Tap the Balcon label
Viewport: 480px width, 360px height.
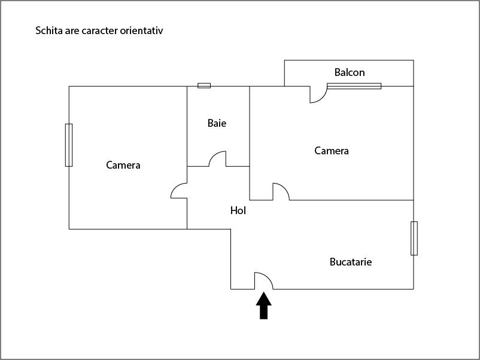pos(350,72)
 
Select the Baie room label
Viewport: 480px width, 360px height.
pos(217,123)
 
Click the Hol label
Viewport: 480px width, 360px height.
pos(238,210)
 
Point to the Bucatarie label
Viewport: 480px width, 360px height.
pos(351,262)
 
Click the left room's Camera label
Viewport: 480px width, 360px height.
pos(123,165)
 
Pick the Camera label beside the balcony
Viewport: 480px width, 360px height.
pos(332,151)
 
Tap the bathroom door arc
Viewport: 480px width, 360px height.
pos(217,159)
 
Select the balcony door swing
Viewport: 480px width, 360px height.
pos(318,94)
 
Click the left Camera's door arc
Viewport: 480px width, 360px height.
pos(179,190)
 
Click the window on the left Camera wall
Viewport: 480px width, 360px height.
pos(69,145)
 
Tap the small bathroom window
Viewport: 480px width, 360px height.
pos(204,86)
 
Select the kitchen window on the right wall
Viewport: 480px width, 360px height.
pos(414,238)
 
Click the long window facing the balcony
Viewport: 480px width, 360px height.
pos(354,86)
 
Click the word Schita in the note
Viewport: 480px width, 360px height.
pos(48,30)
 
